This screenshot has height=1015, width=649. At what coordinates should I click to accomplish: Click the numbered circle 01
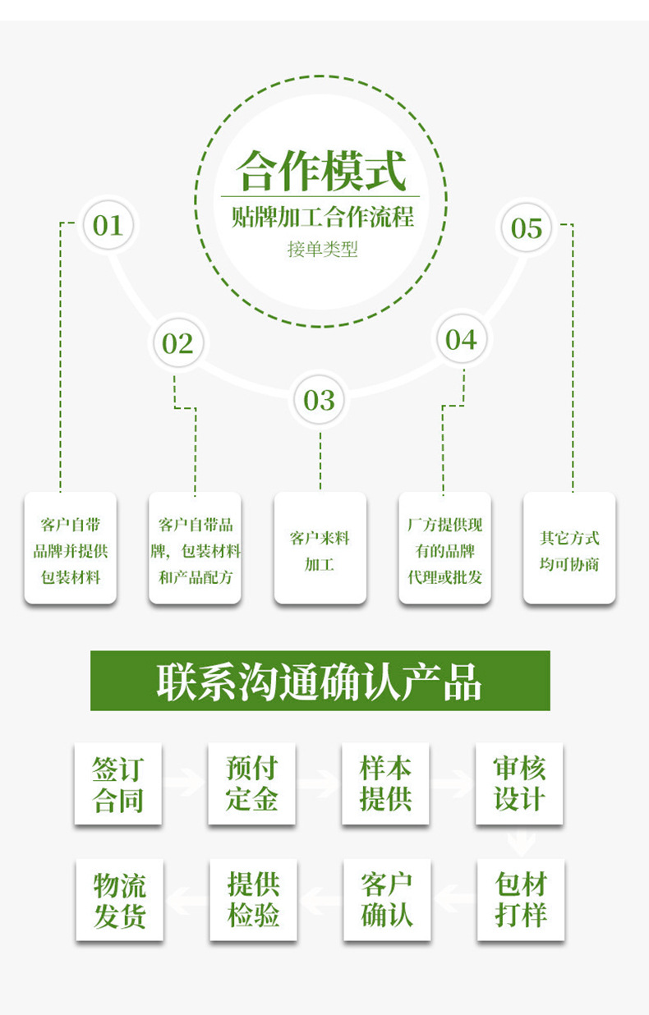(108, 225)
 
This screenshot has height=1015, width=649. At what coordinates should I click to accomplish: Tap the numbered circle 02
(177, 343)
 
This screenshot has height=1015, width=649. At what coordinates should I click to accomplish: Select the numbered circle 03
(320, 400)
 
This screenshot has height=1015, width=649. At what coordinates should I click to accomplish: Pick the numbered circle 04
(462, 339)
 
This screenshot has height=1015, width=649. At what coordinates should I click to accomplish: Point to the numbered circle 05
(527, 227)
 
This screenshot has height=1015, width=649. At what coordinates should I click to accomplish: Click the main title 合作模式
(321, 172)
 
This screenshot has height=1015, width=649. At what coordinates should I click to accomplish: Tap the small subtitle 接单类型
(322, 249)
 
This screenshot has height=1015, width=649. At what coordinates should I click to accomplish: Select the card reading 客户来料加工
(320, 548)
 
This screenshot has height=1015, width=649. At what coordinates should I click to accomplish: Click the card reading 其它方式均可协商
(569, 548)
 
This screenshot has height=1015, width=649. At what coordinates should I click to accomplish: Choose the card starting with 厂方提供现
(444, 548)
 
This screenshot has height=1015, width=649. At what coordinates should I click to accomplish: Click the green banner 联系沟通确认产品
(320, 681)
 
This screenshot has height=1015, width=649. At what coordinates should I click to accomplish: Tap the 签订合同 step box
(117, 783)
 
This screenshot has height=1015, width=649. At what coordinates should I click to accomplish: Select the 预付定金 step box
(251, 783)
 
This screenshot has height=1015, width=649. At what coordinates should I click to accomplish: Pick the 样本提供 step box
(385, 783)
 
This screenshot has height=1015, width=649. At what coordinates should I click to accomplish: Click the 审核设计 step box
(519, 783)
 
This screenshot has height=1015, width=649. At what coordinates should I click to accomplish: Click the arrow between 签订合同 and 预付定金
(185, 782)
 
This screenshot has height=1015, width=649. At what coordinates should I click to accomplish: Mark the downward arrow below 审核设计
(521, 842)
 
